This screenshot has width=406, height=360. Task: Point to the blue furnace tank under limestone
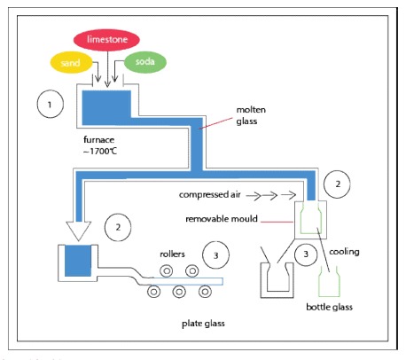tap(107, 106)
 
